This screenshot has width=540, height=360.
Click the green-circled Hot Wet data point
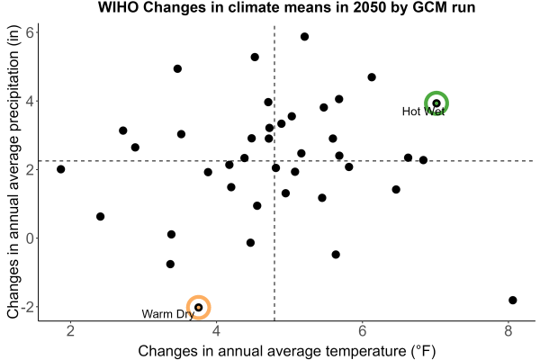[436, 103]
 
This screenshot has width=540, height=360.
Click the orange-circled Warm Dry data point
[198, 307]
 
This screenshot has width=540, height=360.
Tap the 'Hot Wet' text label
[423, 112]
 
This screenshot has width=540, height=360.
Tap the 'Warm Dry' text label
[168, 314]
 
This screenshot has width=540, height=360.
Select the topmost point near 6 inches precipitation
[304, 37]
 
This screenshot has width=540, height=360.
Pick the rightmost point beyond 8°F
[513, 300]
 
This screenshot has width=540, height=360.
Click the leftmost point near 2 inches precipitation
[61, 169]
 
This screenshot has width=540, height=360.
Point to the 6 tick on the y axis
[30, 32]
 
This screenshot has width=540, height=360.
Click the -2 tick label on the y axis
[28, 307]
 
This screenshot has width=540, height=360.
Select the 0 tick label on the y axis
[30, 238]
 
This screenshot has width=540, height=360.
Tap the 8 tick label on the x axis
[508, 330]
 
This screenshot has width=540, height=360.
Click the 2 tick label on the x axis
[70, 330]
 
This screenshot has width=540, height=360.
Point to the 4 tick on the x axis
[216, 330]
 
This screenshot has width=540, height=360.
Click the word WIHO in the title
[119, 7]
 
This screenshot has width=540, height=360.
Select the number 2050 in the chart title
[370, 7]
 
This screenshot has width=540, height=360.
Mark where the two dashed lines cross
[274, 161]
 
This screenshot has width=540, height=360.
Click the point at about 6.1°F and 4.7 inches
[372, 77]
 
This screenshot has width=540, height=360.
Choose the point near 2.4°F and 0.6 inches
[100, 217]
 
